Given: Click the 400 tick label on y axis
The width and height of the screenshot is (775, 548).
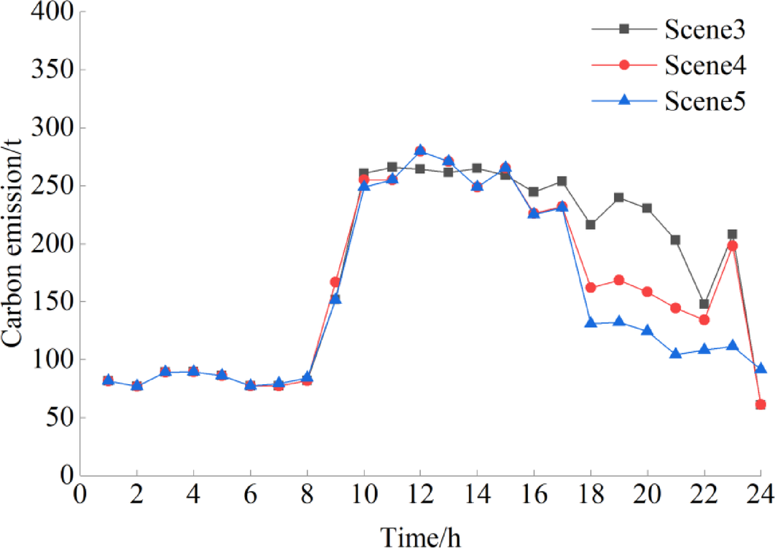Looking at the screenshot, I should click(x=46, y=13).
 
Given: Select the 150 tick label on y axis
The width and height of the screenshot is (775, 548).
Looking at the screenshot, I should click(x=46, y=302).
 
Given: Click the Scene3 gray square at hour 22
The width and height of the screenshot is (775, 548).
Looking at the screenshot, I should click(x=704, y=304).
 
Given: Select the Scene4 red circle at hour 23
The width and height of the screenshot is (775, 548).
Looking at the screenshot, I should click(x=732, y=246).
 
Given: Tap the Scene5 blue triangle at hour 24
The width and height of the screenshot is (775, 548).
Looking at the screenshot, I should click(x=761, y=368).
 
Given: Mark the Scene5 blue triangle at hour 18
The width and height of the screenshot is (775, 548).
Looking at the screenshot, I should click(x=590, y=322).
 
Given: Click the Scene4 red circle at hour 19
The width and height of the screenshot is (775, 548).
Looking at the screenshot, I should click(x=619, y=280).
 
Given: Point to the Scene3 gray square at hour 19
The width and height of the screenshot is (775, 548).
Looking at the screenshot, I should click(x=619, y=198).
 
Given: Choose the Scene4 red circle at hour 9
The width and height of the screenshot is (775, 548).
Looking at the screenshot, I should click(x=335, y=282).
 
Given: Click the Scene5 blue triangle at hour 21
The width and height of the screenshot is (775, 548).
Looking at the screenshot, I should click(x=676, y=353).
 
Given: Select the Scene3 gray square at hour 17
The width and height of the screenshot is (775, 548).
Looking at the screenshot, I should click(x=562, y=181).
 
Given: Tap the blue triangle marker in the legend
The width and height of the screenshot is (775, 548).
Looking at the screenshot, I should click(x=624, y=101).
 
